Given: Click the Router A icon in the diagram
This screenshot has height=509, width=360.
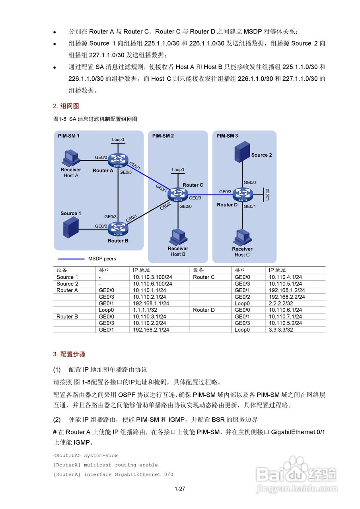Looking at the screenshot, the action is [118, 160].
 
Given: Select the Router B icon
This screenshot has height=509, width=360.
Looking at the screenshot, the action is [118, 228].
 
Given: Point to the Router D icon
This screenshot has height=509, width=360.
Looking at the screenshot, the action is [243, 194].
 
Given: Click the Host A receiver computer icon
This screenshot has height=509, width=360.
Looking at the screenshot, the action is [71, 158].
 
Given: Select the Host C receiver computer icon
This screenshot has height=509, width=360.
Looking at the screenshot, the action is [241, 238].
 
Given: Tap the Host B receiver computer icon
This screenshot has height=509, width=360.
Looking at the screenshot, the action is [178, 237].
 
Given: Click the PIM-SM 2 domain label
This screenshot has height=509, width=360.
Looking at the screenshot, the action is [163, 136].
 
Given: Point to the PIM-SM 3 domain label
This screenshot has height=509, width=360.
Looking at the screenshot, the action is [227, 136].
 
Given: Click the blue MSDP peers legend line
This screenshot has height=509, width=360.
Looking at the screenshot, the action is [69, 258].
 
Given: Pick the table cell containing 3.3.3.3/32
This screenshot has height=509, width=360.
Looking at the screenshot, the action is [280, 330].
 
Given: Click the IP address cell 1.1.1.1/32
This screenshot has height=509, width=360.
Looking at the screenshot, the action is [145, 310].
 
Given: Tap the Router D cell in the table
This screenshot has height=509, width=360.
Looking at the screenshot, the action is [204, 310].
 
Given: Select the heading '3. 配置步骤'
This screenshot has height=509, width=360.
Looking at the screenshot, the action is [69, 354].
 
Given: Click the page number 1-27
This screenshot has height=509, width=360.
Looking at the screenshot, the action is [180, 489].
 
